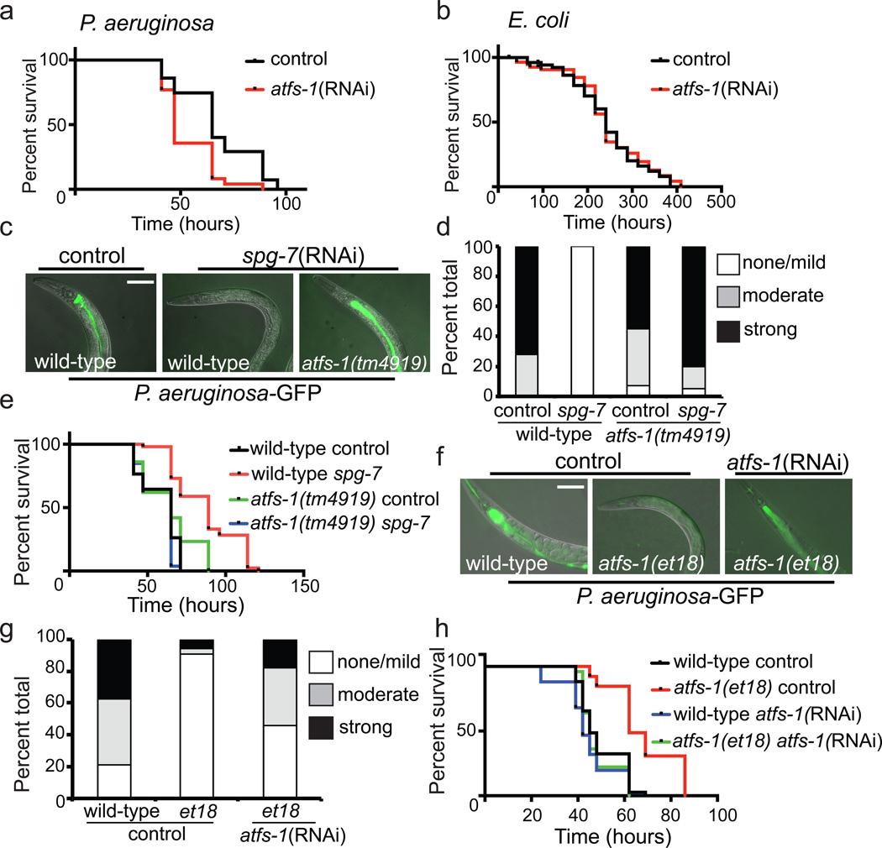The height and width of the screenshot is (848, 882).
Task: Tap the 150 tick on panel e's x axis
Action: pos(307,585)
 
